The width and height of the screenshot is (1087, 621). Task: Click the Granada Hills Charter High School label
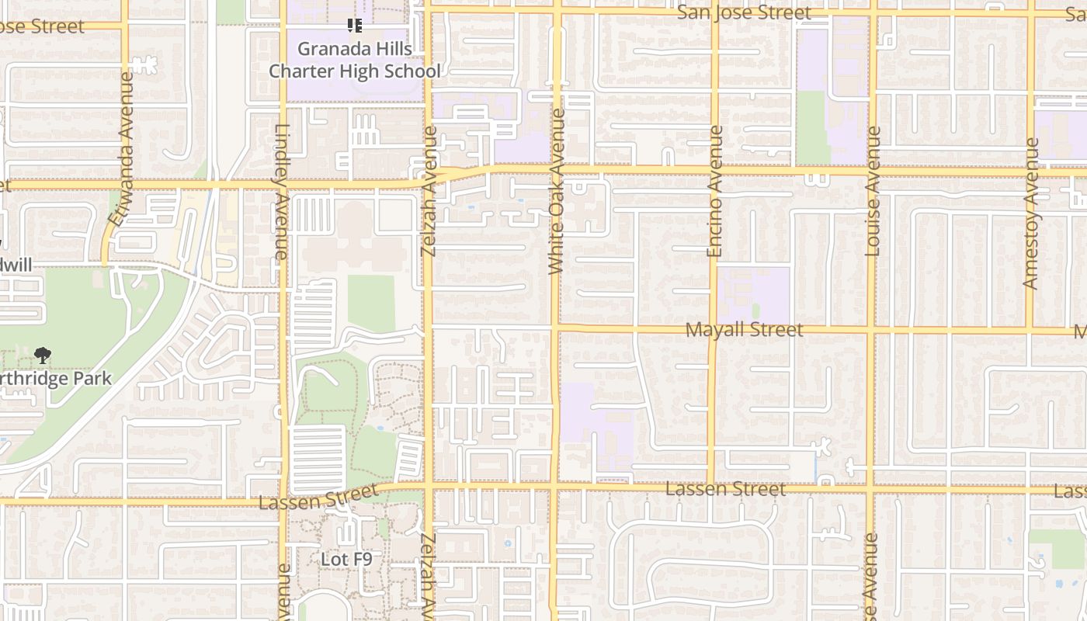[x=355, y=60]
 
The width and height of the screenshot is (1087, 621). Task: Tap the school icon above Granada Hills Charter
[x=355, y=26]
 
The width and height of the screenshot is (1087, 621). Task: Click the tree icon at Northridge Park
[x=43, y=356]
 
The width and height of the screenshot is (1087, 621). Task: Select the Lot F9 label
[x=346, y=559]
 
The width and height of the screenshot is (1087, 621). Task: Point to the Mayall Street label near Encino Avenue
[x=744, y=330]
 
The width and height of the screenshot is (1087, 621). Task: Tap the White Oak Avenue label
[x=556, y=191]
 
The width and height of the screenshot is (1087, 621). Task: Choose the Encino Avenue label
[x=715, y=191]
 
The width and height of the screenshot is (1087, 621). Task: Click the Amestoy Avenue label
[x=1031, y=213]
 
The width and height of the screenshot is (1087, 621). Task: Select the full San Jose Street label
[x=744, y=12]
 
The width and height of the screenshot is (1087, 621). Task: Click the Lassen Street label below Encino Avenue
[x=725, y=489]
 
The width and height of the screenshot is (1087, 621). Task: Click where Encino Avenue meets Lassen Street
[x=711, y=486]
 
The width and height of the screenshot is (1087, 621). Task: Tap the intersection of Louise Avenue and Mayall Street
[x=871, y=330]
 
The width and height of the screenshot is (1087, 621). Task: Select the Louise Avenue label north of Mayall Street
[x=873, y=191]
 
